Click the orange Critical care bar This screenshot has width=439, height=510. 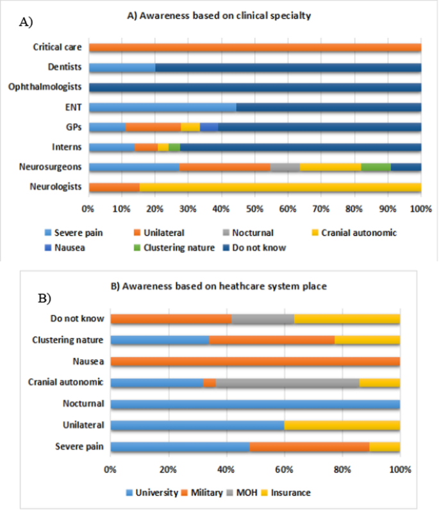click(255, 47)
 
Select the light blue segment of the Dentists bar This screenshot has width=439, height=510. click(122, 67)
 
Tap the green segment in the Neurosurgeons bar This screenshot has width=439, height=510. click(376, 167)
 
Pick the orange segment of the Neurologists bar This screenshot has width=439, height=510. click(113, 187)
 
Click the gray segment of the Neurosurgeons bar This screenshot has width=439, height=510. click(285, 167)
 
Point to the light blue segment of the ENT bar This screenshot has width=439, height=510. click(162, 107)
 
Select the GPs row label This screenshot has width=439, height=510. click(72, 127)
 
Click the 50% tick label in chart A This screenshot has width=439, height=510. click(255, 209)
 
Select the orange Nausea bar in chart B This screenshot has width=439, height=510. click(255, 362)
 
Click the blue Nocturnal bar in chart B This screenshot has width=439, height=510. click(255, 404)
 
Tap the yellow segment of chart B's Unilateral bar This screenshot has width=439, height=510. click(342, 425)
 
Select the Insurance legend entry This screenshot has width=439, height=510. click(289, 493)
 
